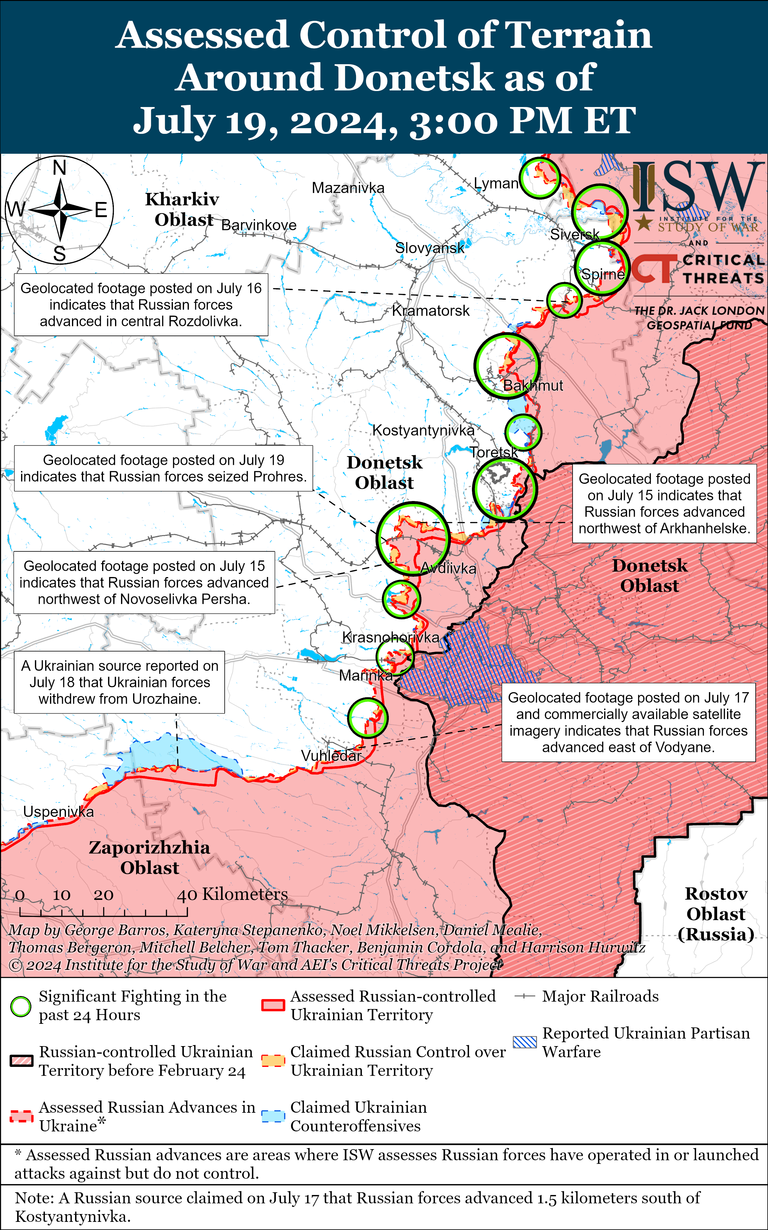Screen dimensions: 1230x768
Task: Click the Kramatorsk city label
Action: [431, 311]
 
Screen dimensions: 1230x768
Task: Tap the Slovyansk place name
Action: [430, 248]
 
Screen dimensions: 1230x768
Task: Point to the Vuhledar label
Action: [331, 756]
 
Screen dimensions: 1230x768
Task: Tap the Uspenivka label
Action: [58, 812]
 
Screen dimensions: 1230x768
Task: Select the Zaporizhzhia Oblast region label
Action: [149, 857]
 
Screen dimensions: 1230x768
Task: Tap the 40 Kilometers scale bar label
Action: [232, 894]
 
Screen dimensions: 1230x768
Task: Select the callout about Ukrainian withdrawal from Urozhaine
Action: [119, 682]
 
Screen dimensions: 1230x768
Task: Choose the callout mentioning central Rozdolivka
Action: [141, 304]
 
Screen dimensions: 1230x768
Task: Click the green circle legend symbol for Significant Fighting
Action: [21, 1006]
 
